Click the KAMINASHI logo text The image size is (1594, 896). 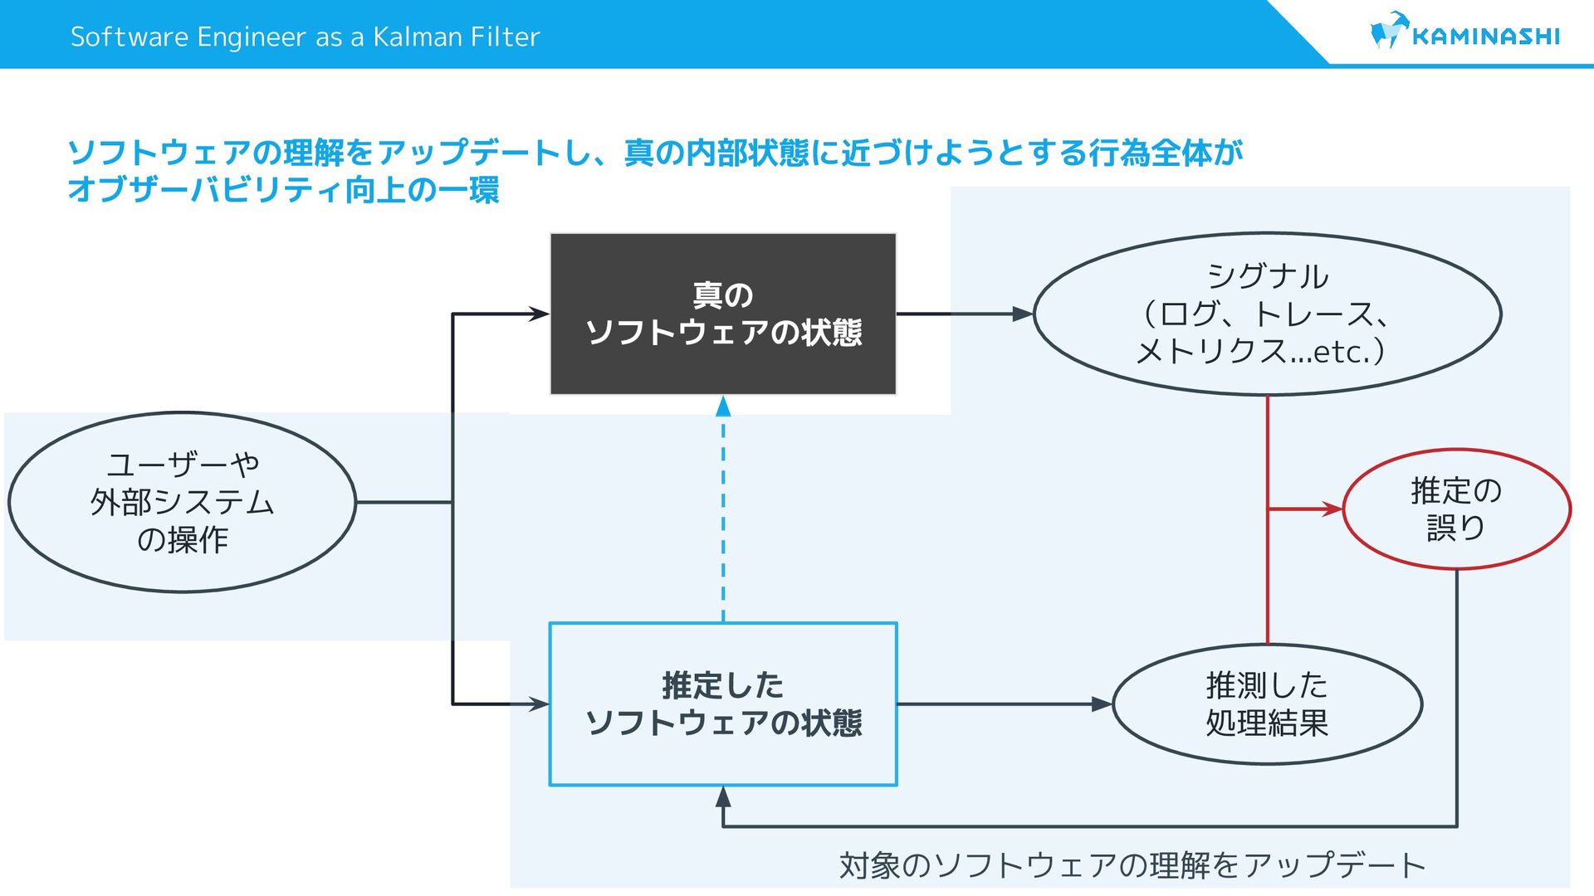click(1485, 37)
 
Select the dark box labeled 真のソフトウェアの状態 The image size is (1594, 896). click(723, 314)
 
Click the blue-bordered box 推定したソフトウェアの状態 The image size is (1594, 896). click(723, 704)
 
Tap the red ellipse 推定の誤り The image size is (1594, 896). click(1456, 509)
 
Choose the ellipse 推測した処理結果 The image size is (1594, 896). click(1267, 704)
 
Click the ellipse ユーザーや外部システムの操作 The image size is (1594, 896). click(182, 502)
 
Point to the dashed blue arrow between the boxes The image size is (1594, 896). click(723, 514)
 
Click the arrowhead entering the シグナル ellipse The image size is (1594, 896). click(1023, 314)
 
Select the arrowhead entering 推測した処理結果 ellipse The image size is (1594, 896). click(1102, 704)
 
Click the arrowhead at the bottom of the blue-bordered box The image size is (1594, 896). click(723, 796)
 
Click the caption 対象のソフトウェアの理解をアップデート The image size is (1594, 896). click(1132, 865)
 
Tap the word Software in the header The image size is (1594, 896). click(130, 37)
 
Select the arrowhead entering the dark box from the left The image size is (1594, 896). click(540, 314)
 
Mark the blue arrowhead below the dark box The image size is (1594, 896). click(723, 407)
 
